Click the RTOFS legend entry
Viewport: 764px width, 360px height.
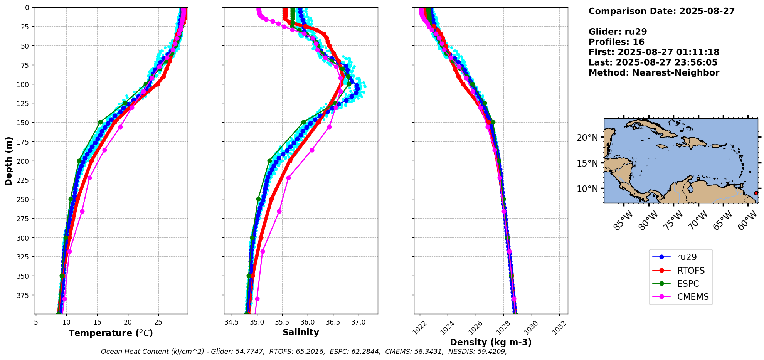[x=690, y=271]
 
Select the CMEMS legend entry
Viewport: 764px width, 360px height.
[x=693, y=297]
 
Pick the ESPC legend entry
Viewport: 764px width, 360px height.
[x=688, y=284]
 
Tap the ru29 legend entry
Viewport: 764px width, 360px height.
[x=687, y=257]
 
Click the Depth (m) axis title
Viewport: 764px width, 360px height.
[x=8, y=161]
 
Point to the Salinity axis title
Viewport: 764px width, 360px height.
[x=301, y=333]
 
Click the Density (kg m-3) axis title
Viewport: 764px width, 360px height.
[x=491, y=342]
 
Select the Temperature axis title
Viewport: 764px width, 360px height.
[x=111, y=333]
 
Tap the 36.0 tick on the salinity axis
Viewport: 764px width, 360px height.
[x=307, y=322]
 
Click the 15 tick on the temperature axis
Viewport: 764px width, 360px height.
[x=97, y=322]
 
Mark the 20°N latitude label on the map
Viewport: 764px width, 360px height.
[x=587, y=138]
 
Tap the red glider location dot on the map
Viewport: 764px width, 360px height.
[x=756, y=193]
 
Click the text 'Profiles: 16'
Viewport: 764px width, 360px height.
[x=616, y=42]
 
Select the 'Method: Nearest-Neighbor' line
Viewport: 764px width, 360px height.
[x=654, y=73]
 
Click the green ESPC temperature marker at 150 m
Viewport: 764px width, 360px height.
[x=100, y=122]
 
